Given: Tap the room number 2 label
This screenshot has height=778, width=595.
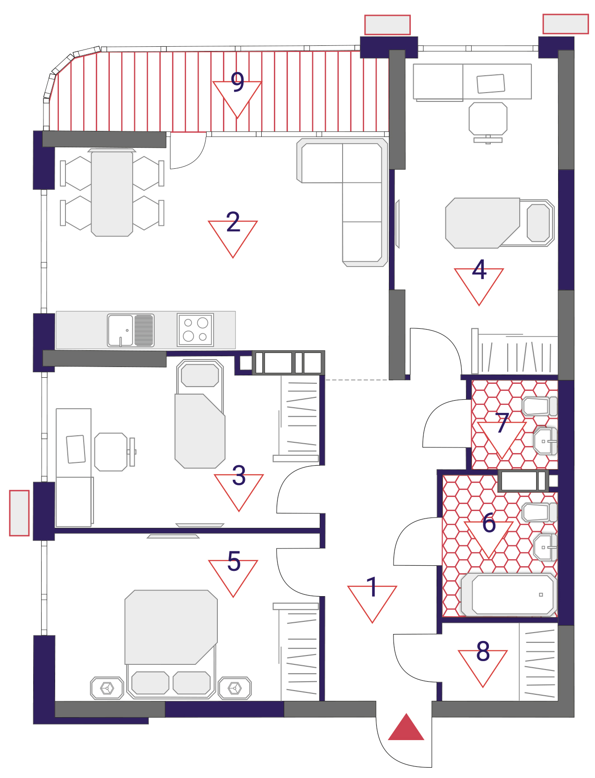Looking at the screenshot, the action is click(x=233, y=222).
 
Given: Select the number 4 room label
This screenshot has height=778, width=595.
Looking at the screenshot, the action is click(x=479, y=270).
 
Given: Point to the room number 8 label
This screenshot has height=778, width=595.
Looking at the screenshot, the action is click(x=483, y=651).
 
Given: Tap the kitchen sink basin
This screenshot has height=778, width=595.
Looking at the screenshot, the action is click(x=121, y=331).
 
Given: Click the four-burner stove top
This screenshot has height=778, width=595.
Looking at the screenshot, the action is click(x=195, y=330).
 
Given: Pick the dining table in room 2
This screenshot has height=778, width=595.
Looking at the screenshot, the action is click(x=112, y=193).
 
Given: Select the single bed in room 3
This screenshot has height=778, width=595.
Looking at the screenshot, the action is click(x=200, y=414).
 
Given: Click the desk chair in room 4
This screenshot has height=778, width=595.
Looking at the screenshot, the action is click(x=488, y=119).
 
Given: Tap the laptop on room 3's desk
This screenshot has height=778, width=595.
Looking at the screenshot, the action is click(x=76, y=449).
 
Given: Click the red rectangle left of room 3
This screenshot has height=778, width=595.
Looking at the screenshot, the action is click(x=19, y=513).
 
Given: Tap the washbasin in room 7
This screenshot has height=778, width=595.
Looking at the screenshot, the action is click(x=545, y=441).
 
